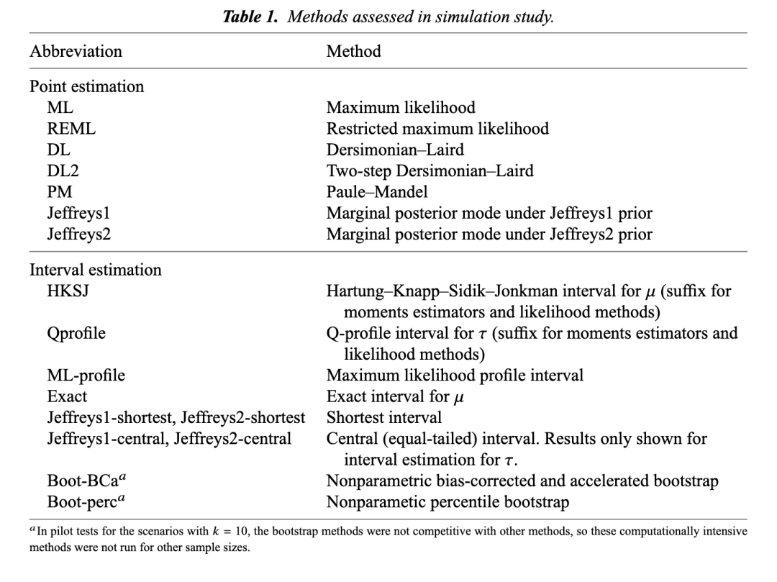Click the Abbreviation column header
pos(76,52)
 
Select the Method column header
pos(353,52)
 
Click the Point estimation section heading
pos(86,87)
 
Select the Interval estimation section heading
pos(95,270)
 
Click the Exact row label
pos(67,396)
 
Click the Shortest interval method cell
pos(384,417)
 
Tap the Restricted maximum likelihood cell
pos(437,129)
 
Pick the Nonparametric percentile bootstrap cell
pos(447,502)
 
